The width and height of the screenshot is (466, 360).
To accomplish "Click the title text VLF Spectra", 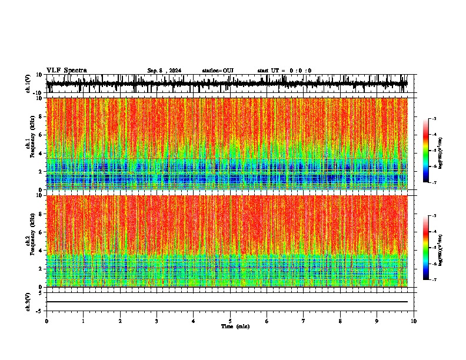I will pyautogui.click(x=66, y=70).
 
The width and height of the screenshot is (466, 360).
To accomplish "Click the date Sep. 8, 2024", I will pyautogui.click(x=164, y=71).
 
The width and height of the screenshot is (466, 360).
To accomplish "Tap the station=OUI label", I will pyautogui.click(x=218, y=71).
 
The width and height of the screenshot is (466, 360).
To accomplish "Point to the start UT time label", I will pyautogui.click(x=284, y=71).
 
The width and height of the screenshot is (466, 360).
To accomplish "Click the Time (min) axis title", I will pyautogui.click(x=235, y=326).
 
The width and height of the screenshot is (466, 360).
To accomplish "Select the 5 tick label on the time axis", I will pyautogui.click(x=230, y=321).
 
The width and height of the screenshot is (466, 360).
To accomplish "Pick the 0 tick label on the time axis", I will pyautogui.click(x=46, y=321).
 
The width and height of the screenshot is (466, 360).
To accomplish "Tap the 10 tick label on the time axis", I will pyautogui.click(x=414, y=321).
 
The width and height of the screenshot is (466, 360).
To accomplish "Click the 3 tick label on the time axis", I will pyautogui.click(x=157, y=321).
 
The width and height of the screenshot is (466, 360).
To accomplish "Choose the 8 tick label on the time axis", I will pyautogui.click(x=340, y=321).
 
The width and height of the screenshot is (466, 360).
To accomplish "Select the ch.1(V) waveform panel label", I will pyautogui.click(x=28, y=84).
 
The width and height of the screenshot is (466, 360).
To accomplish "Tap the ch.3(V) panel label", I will pyautogui.click(x=28, y=301).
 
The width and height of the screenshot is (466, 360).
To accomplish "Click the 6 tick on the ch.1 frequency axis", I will pyautogui.click(x=41, y=135).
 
